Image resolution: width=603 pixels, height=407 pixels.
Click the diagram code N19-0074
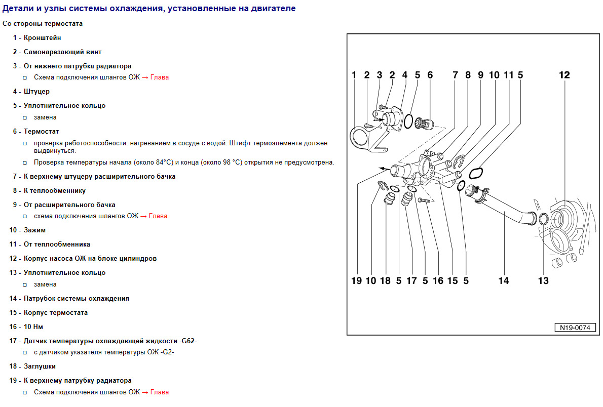pyautogui.click(x=575, y=328)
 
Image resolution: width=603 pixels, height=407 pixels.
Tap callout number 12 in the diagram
pyautogui.click(x=564, y=75)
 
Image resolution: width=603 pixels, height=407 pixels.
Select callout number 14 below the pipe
pyautogui.click(x=503, y=280)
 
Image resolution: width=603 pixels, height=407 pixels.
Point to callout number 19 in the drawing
pyautogui.click(x=356, y=280)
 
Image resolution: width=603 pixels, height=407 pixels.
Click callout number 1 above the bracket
pyautogui.click(x=354, y=75)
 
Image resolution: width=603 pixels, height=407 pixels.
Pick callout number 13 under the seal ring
pyautogui.click(x=543, y=280)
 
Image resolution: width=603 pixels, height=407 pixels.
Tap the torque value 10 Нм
pyautogui.click(x=33, y=327)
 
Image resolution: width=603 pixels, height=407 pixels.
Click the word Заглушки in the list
pyautogui.click(x=40, y=366)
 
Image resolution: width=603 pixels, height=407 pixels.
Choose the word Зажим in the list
pyautogui.click(x=34, y=230)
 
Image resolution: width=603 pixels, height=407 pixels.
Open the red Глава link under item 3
pyautogui.click(x=159, y=77)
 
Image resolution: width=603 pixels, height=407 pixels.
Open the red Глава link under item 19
pyautogui.click(x=159, y=392)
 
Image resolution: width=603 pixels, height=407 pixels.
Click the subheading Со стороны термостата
pyautogui.click(x=43, y=24)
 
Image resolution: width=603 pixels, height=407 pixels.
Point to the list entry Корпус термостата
pyautogui.click(x=56, y=313)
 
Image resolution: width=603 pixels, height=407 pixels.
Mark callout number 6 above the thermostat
pyautogui.click(x=430, y=75)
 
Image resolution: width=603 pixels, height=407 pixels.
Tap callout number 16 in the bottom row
pyautogui.click(x=438, y=280)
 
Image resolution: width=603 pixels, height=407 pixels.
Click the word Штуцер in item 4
pyautogui.click(x=36, y=92)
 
